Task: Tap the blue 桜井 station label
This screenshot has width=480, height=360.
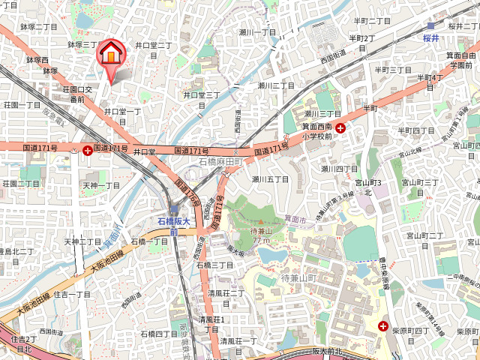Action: (x=430, y=37)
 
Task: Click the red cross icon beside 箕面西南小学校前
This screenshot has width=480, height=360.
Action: (x=341, y=128)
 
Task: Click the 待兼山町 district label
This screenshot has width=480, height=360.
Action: (x=300, y=280)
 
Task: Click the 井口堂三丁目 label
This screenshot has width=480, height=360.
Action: (x=202, y=100)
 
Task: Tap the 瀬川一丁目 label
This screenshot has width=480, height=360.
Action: (x=257, y=32)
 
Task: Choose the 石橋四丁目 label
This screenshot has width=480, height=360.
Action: (x=159, y=333)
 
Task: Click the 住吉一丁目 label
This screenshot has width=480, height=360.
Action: (x=72, y=294)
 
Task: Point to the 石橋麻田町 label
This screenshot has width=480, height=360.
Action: (x=219, y=162)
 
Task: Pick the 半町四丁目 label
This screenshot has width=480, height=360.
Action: (x=416, y=130)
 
